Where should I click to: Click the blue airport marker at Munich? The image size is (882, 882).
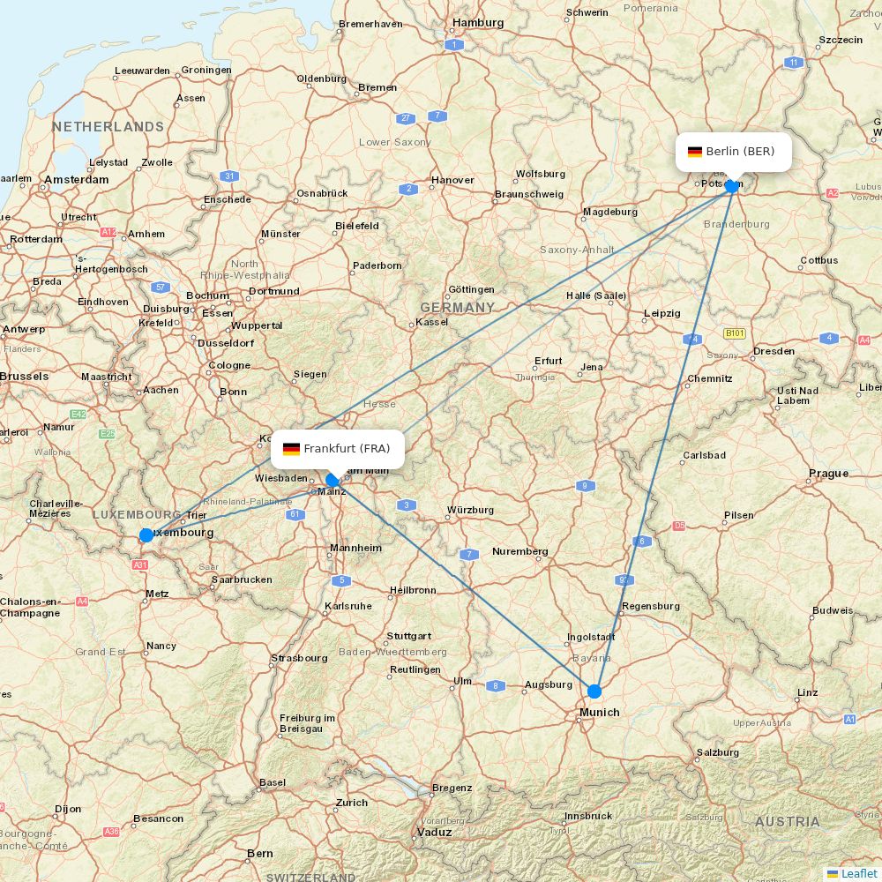(x=594, y=691)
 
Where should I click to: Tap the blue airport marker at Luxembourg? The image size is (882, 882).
(x=146, y=535)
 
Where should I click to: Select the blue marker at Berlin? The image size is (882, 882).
(x=731, y=186)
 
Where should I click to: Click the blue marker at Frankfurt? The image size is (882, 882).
(x=333, y=481)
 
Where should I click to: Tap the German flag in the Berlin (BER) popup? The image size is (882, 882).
(x=695, y=152)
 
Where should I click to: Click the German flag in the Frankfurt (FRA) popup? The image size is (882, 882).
(x=291, y=449)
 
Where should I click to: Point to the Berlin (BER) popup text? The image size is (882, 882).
(x=740, y=152)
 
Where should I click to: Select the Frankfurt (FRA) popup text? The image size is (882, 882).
(x=347, y=449)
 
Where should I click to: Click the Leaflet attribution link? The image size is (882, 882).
(x=858, y=873)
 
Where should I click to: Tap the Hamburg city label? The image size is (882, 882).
(x=477, y=23)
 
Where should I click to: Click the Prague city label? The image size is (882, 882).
(x=828, y=474)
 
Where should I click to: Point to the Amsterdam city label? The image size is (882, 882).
(x=77, y=180)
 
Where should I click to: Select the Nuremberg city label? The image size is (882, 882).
(x=519, y=552)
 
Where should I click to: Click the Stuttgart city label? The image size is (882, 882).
(x=408, y=636)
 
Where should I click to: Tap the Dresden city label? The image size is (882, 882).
(x=773, y=351)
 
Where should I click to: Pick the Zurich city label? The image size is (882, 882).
(x=351, y=803)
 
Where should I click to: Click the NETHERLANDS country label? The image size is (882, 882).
(x=108, y=127)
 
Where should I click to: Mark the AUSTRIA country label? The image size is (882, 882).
(x=787, y=822)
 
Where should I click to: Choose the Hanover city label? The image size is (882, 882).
(x=452, y=181)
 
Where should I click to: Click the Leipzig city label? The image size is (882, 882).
(x=661, y=313)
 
